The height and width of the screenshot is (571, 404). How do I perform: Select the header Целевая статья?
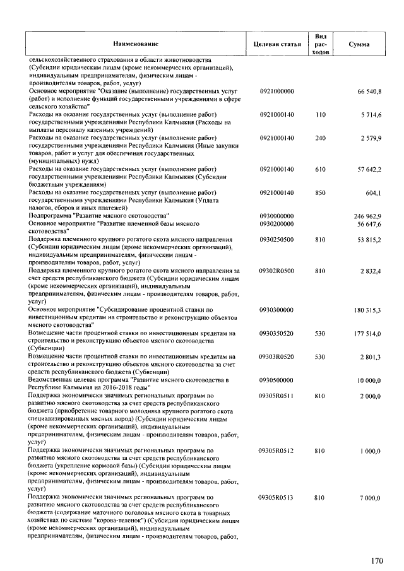click(276, 44)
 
